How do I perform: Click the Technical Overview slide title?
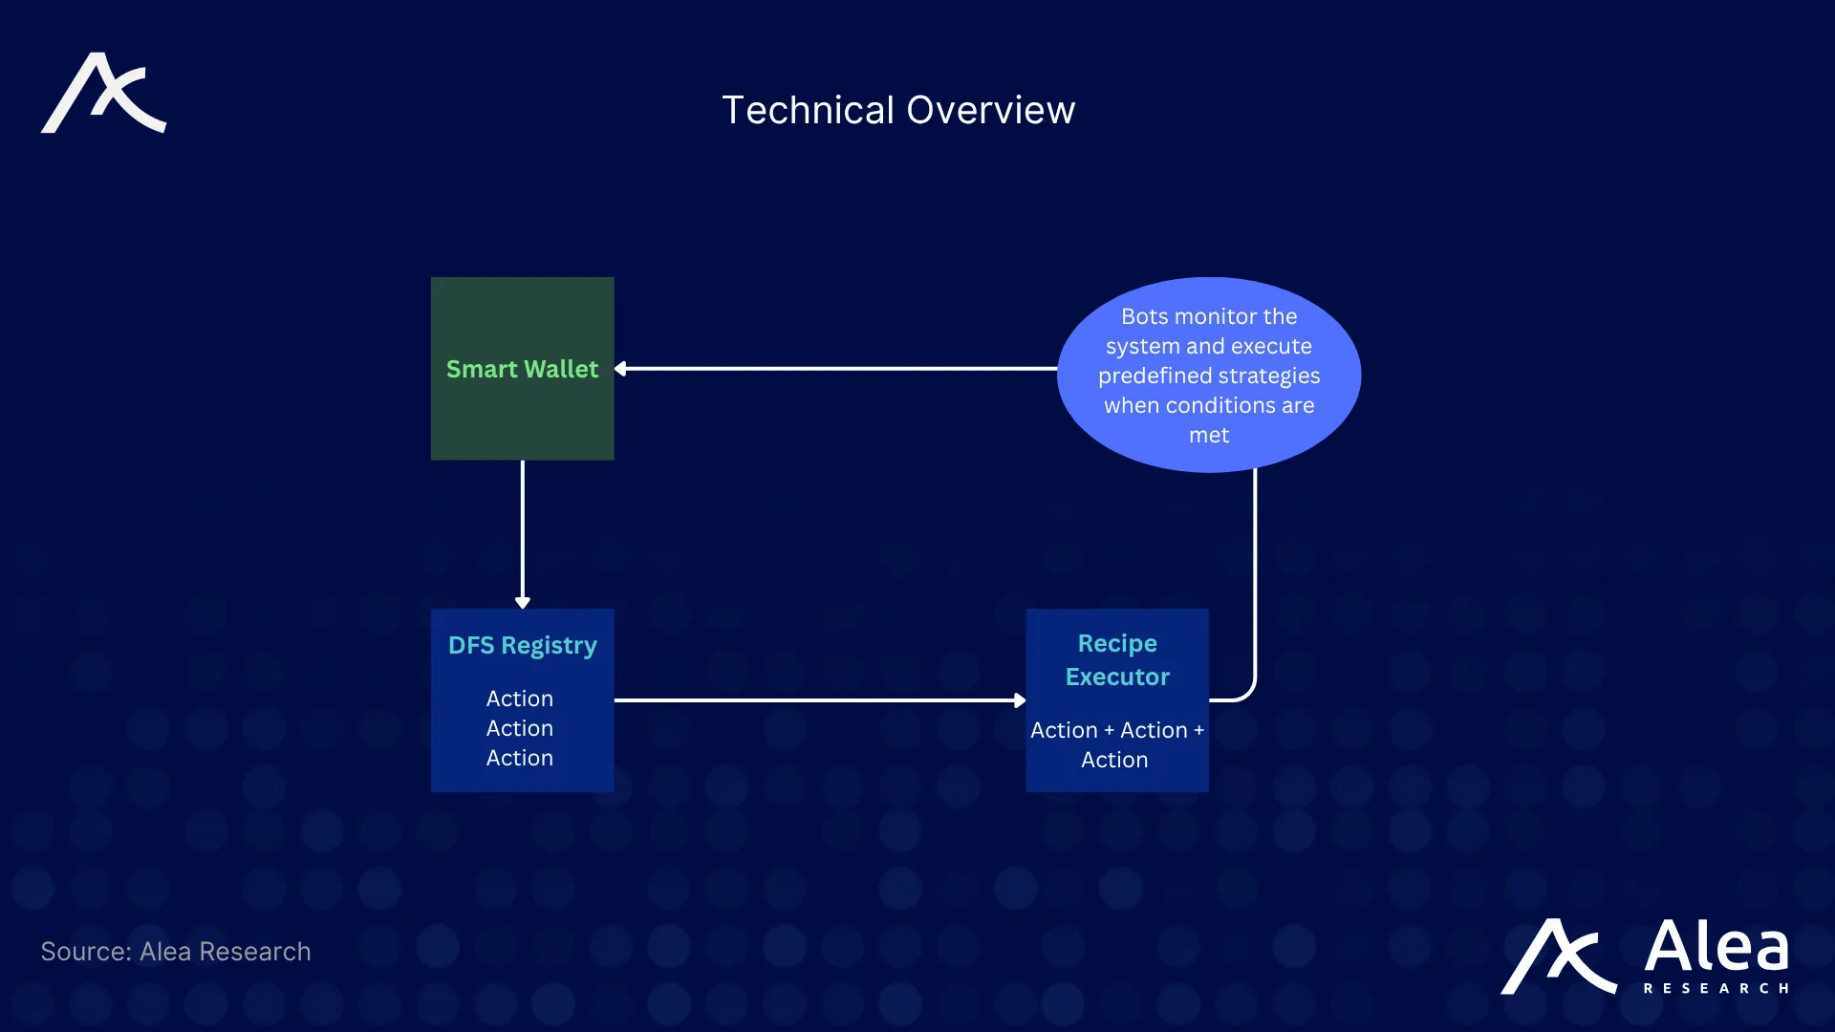898,110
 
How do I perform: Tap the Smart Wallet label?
522,369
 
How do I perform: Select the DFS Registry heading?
523,646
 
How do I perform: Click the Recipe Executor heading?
1117,659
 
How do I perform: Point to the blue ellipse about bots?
1209,375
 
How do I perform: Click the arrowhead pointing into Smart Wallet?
621,369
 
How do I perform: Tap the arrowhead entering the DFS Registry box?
523,602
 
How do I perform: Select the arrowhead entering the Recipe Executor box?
1020,700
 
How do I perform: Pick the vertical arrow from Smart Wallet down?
523,534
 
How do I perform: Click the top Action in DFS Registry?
520,699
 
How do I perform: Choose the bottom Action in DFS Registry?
520,758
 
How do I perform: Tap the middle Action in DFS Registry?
520,728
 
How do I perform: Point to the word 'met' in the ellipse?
1209,436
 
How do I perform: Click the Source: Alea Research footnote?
176,952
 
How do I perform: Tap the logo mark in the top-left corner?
104,93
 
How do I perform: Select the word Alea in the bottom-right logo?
1716,946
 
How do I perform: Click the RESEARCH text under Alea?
1716,988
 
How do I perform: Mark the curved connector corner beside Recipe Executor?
1248,693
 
